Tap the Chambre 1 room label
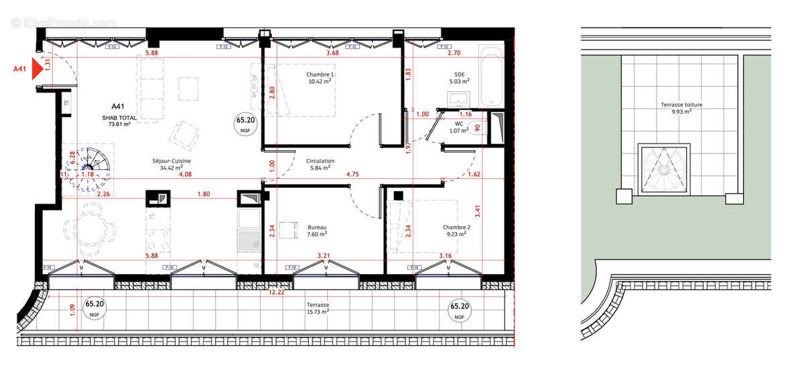coord(320,77)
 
